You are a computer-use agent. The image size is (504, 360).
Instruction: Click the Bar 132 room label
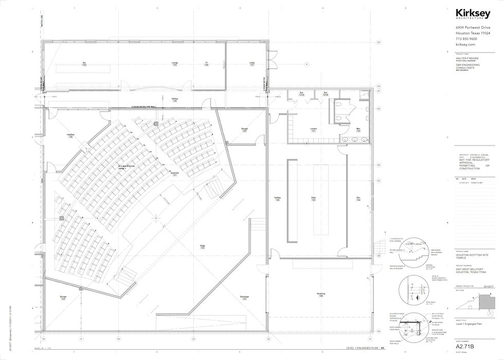click(x=84, y=64)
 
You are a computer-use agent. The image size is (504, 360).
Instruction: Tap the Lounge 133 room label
click(x=175, y=64)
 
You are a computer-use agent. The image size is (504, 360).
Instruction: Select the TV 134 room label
click(x=206, y=64)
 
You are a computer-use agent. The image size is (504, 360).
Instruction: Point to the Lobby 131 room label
click(x=252, y=64)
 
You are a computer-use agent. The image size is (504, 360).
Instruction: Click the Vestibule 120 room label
click(x=70, y=136)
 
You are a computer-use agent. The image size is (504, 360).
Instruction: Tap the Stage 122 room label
click(x=202, y=247)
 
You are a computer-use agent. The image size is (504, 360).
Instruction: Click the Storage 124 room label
click(x=63, y=298)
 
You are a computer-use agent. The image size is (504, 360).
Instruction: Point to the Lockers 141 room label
click(x=313, y=130)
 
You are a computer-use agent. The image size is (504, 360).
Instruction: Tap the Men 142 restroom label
click(x=358, y=130)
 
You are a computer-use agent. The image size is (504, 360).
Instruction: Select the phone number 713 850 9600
click(x=466, y=39)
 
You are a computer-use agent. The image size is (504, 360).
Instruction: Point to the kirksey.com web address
click(x=464, y=45)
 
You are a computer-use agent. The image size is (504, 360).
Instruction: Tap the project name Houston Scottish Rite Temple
click(x=470, y=256)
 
